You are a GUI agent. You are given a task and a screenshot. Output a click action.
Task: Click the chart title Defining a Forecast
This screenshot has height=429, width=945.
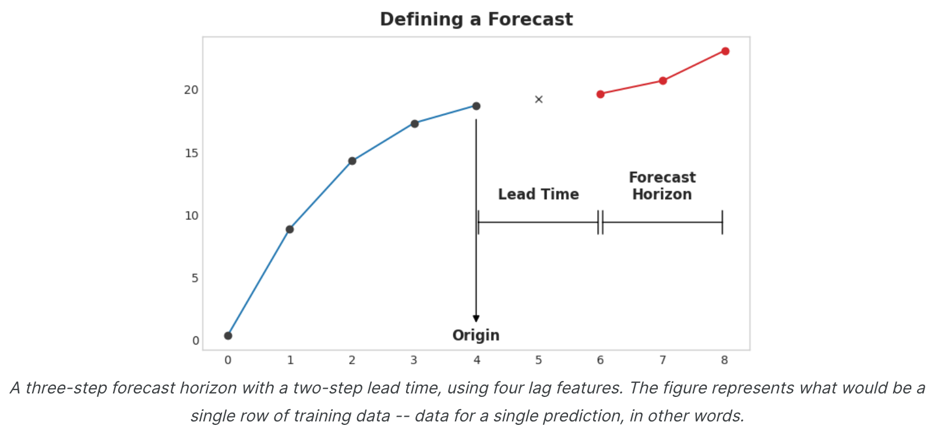[476, 19]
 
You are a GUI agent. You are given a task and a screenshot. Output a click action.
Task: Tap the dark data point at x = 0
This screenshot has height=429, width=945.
[228, 336]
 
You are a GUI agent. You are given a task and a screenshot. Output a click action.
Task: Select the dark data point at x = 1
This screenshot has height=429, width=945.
[290, 229]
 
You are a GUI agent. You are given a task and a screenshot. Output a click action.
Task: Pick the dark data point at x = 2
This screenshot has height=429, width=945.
[352, 161]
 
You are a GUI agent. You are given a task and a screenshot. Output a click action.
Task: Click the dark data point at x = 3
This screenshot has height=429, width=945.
[414, 124]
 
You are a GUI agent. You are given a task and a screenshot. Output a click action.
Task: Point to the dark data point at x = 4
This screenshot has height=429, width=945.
[476, 106]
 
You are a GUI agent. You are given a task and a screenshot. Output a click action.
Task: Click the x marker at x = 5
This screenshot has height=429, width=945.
[539, 100]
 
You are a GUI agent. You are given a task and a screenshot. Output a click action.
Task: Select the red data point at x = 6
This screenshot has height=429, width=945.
[601, 94]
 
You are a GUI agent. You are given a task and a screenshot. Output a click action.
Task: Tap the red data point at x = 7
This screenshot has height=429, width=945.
[663, 80]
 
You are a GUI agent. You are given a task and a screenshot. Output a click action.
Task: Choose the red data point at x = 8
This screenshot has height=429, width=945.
[725, 51]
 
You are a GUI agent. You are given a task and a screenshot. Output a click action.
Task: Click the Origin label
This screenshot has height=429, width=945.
[476, 335]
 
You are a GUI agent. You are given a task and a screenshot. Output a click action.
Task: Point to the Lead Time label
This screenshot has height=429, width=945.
[538, 194]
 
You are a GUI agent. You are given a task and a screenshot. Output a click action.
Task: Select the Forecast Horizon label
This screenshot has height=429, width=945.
[662, 186]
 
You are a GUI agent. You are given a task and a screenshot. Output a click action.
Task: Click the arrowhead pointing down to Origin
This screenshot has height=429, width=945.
[476, 318]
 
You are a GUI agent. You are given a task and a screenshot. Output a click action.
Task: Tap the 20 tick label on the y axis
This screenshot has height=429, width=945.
[191, 90]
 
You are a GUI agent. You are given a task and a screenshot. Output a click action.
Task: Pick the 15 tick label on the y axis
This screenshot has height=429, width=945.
[191, 153]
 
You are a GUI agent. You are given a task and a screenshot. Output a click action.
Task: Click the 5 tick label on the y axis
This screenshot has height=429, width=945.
[195, 278]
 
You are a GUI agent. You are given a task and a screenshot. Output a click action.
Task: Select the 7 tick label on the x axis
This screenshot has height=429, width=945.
[662, 360]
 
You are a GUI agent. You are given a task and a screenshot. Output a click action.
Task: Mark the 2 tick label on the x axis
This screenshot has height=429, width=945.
[352, 360]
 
